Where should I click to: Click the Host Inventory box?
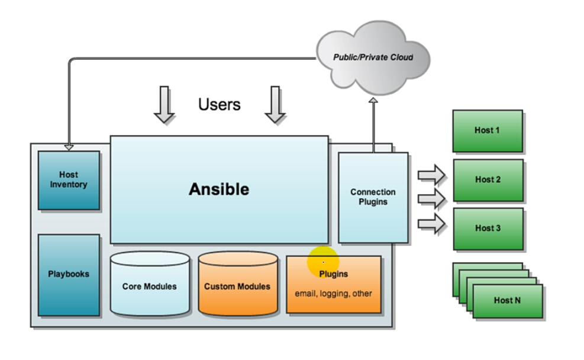pyautogui.click(x=69, y=180)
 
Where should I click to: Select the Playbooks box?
pyautogui.click(x=69, y=274)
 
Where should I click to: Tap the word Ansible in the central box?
pyautogui.click(x=219, y=189)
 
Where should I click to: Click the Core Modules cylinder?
pyautogui.click(x=149, y=286)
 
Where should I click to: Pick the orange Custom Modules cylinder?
pyautogui.click(x=237, y=286)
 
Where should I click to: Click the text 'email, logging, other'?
pyautogui.click(x=333, y=294)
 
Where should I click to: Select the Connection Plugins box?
pyautogui.click(x=373, y=197)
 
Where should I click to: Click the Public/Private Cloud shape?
pyautogui.click(x=373, y=58)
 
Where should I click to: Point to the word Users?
pyautogui.click(x=219, y=105)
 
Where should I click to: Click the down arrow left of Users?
pyautogui.click(x=164, y=105)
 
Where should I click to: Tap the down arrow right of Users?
pyautogui.click(x=275, y=105)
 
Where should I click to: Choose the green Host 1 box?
pyautogui.click(x=488, y=130)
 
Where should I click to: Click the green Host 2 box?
pyautogui.click(x=488, y=179)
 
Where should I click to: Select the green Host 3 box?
pyautogui.click(x=488, y=228)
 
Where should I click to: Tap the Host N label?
pyautogui.click(x=507, y=300)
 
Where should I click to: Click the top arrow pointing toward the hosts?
pyautogui.click(x=431, y=175)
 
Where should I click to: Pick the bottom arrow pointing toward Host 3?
pyautogui.click(x=431, y=224)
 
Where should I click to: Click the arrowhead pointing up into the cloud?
pyautogui.click(x=373, y=101)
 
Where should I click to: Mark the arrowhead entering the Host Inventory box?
pyautogui.click(x=69, y=146)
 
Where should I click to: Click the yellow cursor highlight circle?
pyautogui.click(x=323, y=261)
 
